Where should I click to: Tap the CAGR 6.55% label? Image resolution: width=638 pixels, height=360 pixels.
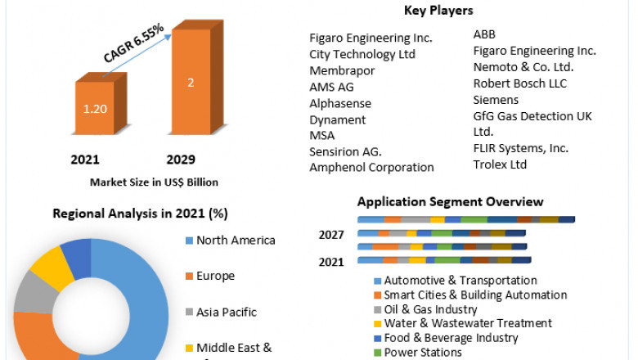pyautogui.click(x=134, y=43)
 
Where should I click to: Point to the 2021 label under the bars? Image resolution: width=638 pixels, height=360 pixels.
pyautogui.click(x=86, y=159)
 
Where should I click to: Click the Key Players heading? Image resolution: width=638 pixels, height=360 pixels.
pyautogui.click(x=438, y=11)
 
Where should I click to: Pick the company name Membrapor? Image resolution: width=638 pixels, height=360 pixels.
pyautogui.click(x=342, y=70)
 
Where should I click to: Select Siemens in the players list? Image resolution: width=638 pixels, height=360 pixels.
pyautogui.click(x=496, y=100)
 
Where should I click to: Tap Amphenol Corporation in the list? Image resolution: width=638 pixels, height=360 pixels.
pyautogui.click(x=371, y=167)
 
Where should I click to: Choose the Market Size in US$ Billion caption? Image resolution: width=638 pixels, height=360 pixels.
pyautogui.click(x=154, y=182)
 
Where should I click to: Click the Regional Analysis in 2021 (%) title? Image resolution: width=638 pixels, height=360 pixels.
pyautogui.click(x=140, y=214)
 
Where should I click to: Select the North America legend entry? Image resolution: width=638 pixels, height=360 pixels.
pyautogui.click(x=236, y=241)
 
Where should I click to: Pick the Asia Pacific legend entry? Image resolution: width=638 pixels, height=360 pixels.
pyautogui.click(x=226, y=312)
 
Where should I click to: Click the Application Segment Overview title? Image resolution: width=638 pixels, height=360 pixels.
pyautogui.click(x=450, y=202)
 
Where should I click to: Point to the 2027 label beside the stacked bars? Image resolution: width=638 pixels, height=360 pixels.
pyautogui.click(x=331, y=236)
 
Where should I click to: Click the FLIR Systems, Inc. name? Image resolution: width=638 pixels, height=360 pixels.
pyautogui.click(x=521, y=148)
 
